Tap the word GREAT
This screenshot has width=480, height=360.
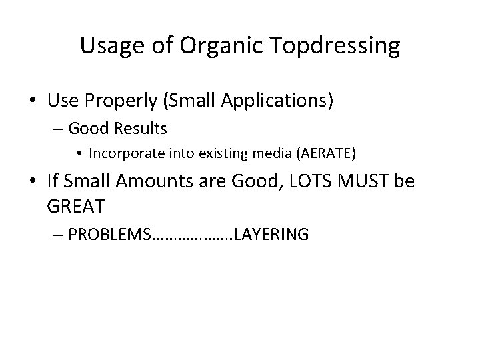click(75, 206)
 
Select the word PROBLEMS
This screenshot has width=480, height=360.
click(109, 234)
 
